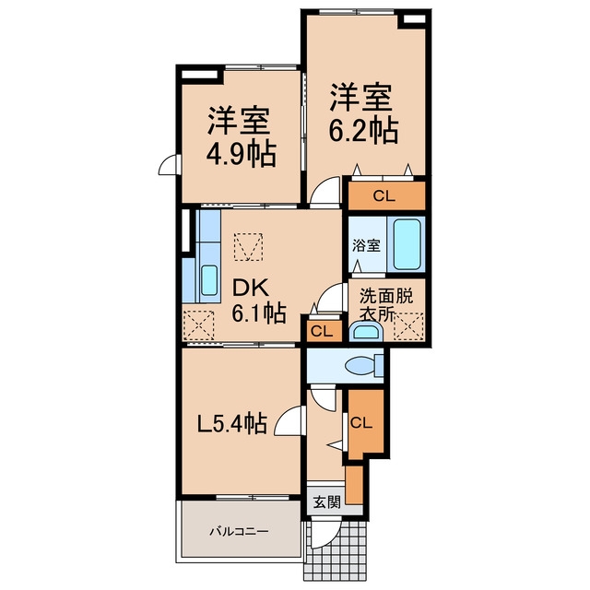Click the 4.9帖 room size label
pos(242,154)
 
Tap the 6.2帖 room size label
pos(363,131)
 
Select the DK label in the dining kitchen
pos(251,289)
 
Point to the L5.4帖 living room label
pos(233,423)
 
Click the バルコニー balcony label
pos(239,532)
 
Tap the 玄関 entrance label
pos(327,501)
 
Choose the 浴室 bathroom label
pos(366,246)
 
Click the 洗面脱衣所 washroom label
pos(385,305)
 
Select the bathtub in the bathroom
pos(407,244)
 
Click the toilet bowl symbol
pos(363,366)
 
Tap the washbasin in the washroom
pos(365,333)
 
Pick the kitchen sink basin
pos(209,280)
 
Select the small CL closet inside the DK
pos(323,331)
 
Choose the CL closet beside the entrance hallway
pos(361,423)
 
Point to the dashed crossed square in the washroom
pos(408,326)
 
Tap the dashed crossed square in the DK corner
pos(198,325)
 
